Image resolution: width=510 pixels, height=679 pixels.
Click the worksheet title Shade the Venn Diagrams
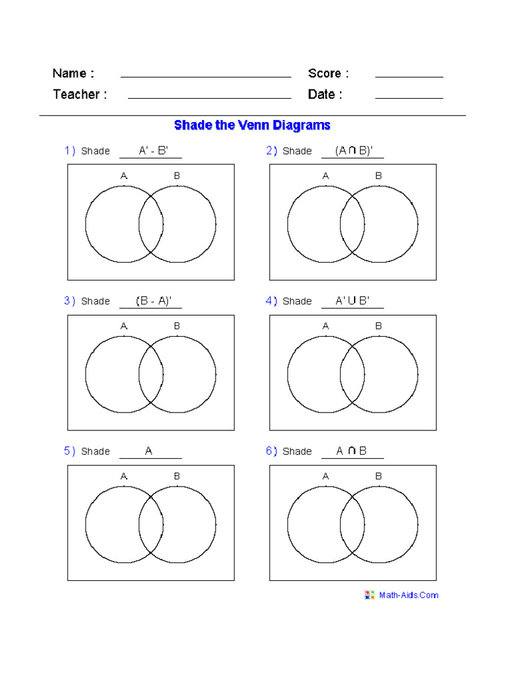coord(252,125)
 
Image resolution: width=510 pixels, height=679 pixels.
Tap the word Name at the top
coord(73,73)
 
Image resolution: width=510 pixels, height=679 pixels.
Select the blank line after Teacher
coord(209,98)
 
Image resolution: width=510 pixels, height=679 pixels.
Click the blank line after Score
coord(409,77)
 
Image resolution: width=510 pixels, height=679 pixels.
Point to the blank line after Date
coord(409,98)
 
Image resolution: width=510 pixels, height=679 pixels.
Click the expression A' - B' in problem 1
coord(153,151)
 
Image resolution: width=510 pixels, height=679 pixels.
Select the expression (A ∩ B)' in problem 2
coord(354,151)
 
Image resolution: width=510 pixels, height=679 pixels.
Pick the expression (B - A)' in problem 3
coord(153,301)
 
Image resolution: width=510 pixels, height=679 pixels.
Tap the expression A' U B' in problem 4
coord(352,301)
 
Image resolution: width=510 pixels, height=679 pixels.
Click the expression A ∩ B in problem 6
coord(351,451)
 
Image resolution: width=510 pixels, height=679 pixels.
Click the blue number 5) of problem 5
coord(70,451)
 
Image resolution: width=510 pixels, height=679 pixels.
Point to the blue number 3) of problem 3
coord(70,301)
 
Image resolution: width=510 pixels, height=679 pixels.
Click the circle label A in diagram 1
coord(124,176)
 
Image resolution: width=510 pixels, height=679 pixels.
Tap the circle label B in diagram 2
coord(379,176)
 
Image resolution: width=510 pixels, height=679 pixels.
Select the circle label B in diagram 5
coord(177,476)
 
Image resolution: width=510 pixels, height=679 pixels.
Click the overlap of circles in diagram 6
coord(352,525)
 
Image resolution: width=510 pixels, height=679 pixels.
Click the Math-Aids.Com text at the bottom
coord(408,595)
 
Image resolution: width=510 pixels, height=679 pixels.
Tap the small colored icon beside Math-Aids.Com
coord(370,595)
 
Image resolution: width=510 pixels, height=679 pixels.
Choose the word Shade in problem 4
coord(297,301)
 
